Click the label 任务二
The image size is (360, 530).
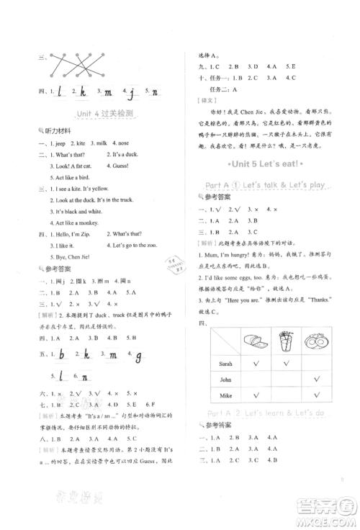tap(215, 86)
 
